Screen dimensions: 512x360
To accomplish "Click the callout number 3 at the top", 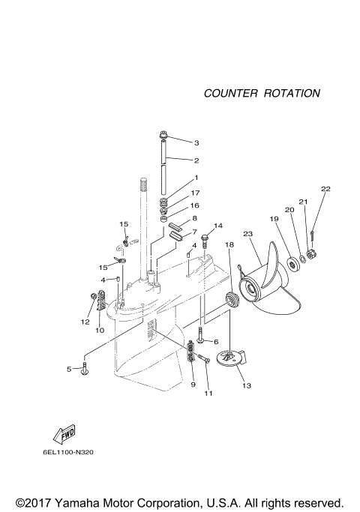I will pos(196,142).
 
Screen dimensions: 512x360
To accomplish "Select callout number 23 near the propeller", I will pos(248,234).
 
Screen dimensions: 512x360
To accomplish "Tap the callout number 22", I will pos(325,189).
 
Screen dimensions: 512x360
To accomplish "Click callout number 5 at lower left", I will pos(68,369).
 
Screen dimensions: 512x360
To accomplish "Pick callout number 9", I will pos(193,385).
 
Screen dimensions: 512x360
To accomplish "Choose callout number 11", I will pos(208,393).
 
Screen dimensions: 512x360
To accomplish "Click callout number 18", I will pos(229,245).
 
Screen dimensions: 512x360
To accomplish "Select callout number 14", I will pos(219,226).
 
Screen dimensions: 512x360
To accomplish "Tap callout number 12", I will pos(85,322).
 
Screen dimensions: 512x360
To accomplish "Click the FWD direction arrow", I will pos(56,434).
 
